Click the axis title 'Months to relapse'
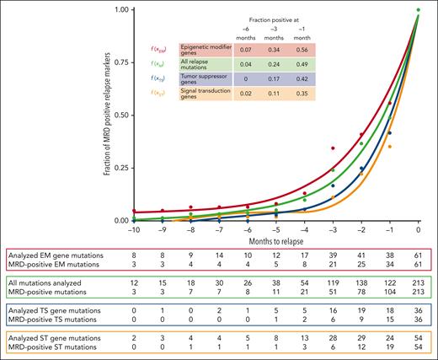click(x=275, y=240)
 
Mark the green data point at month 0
click(x=418, y=10)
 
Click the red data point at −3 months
click(x=333, y=148)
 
